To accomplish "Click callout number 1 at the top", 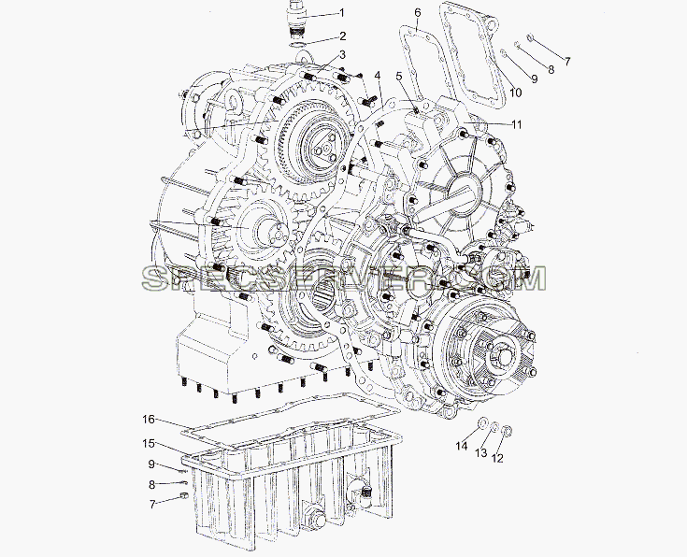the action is pos(342,13).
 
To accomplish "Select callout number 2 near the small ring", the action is pos(343,36).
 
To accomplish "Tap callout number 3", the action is pos(342,55).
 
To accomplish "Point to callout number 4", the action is pos(378,76).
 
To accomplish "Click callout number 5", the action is pos(399,77).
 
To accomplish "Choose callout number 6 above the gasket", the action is pos(418,13).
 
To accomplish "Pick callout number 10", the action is pos(516,93).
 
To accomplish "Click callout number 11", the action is pos(517,124).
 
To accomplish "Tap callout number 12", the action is pos(497,458).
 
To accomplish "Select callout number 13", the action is pos(481,452).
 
